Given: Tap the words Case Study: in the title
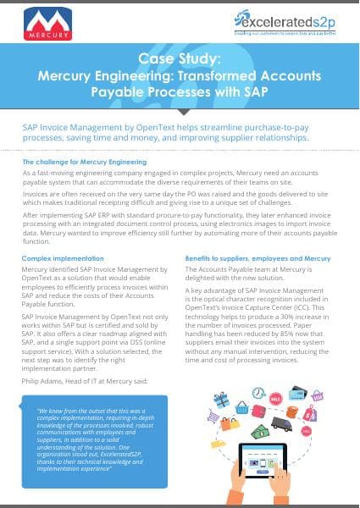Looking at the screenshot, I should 179,60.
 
